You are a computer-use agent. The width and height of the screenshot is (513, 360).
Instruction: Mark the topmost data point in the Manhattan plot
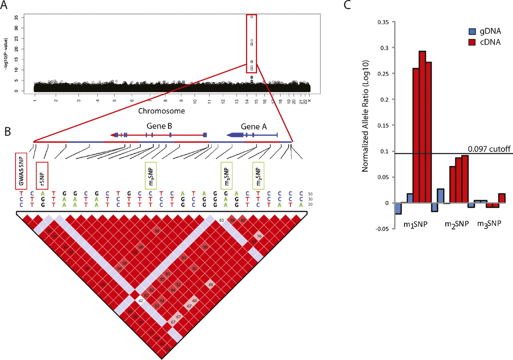[252, 17]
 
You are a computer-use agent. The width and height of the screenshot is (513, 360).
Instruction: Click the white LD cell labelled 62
[141, 300]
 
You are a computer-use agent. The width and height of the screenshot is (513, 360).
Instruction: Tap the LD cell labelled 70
[259, 237]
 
